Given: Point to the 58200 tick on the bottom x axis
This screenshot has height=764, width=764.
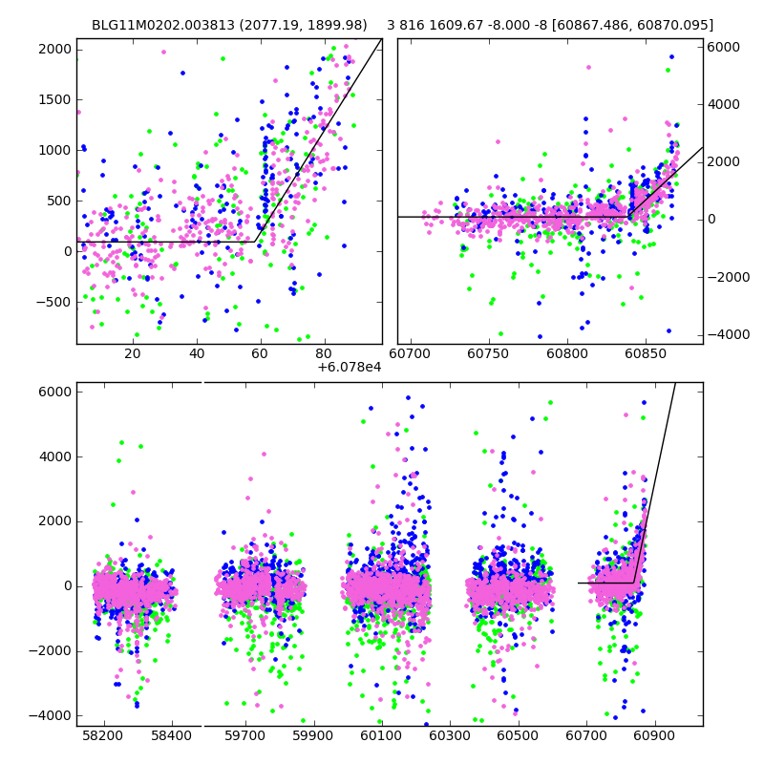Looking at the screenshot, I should click(x=103, y=737).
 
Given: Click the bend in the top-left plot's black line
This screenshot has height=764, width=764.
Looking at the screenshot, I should click(x=255, y=242).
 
